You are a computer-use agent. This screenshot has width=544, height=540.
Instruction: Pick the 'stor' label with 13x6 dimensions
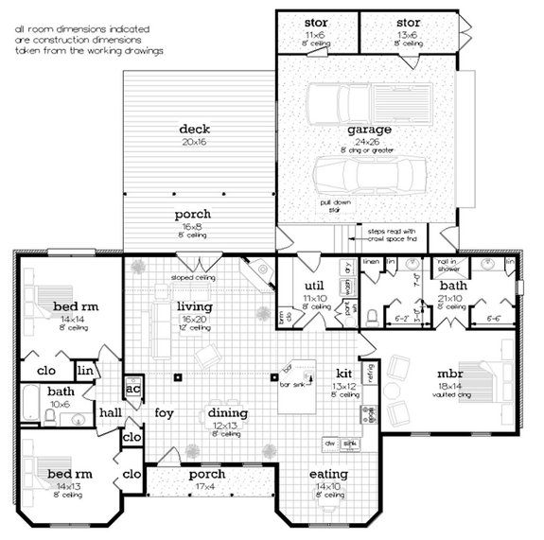pyautogui.click(x=408, y=22)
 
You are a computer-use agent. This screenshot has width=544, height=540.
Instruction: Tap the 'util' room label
pyautogui.click(x=315, y=285)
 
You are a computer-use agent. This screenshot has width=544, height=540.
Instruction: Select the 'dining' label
pyautogui.click(x=228, y=413)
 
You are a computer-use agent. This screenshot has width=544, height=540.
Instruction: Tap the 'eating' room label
pyautogui.click(x=328, y=474)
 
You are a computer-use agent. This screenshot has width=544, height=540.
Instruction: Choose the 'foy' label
pyautogui.click(x=166, y=412)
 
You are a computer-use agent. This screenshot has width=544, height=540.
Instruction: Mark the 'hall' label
pyautogui.click(x=112, y=412)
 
